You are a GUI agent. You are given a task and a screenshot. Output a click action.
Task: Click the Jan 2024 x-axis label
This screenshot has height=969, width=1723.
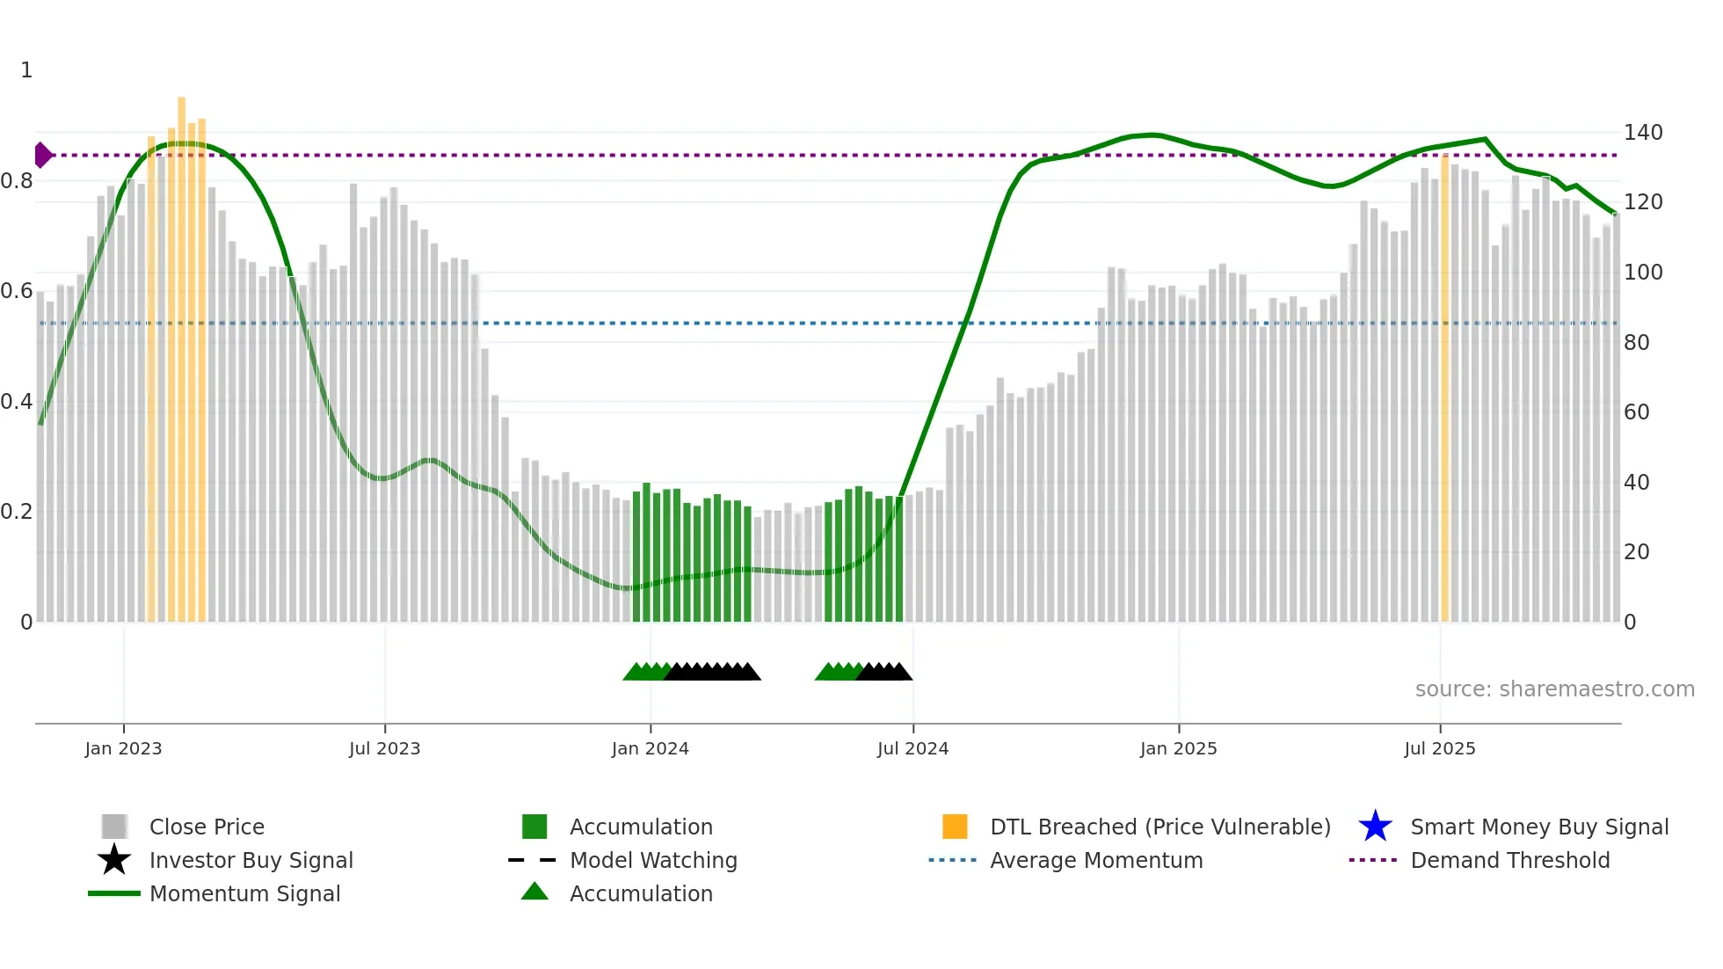point(650,748)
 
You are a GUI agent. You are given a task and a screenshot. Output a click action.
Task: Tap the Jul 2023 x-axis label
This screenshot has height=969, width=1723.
point(384,748)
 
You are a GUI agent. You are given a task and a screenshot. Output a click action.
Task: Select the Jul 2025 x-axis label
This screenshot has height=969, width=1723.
point(1439,748)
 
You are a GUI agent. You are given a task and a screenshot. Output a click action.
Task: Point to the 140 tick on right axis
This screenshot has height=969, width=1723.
point(1642,133)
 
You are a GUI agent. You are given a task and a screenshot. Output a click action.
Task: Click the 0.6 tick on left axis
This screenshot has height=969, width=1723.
point(17,291)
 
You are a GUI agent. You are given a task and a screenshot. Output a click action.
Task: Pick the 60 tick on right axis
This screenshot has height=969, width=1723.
point(1636,412)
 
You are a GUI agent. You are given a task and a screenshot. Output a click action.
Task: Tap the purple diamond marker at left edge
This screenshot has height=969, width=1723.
point(42,155)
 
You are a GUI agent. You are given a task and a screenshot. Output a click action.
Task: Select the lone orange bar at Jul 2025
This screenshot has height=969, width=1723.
point(1444,387)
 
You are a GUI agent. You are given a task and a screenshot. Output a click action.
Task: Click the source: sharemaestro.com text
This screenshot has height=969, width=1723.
point(1554,689)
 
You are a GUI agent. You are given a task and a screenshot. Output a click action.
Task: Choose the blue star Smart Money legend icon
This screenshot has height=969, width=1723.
point(1375,827)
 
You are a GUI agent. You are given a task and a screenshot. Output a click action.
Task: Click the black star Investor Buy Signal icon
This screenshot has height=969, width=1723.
point(114,860)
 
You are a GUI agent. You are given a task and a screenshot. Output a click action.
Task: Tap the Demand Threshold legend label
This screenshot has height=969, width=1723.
point(1509,860)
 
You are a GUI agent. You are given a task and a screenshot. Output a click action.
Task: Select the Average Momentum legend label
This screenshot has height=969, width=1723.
point(1095,860)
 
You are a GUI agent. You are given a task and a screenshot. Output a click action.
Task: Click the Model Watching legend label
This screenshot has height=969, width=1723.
point(653,860)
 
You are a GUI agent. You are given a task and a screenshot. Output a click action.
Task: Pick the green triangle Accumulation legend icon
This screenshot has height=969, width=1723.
point(534,892)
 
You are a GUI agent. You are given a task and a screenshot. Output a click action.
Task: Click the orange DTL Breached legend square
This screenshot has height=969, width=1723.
point(955,827)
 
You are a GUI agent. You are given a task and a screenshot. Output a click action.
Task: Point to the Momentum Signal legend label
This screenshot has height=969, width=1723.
point(244,893)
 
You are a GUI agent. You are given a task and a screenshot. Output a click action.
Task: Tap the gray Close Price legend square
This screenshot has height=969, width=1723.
point(114,827)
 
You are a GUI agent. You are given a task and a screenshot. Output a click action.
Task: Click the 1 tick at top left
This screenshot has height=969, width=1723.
point(26,70)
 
